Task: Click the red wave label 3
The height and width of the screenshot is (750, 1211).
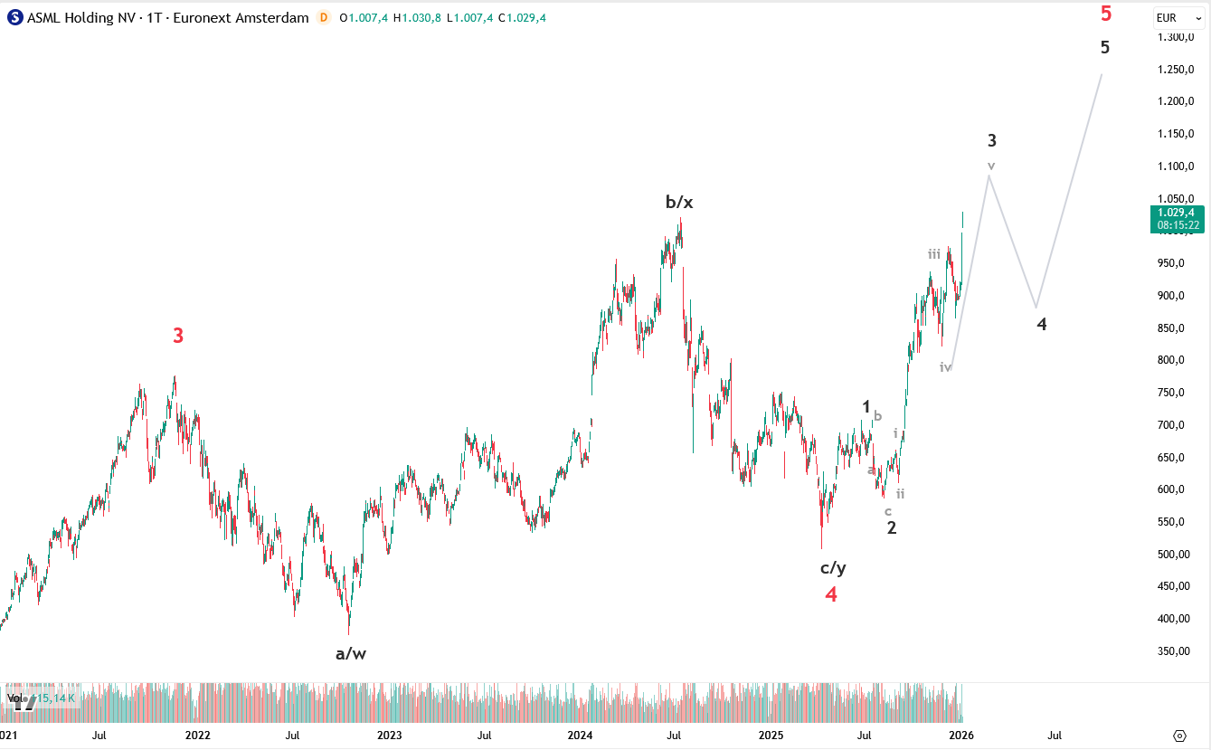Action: tap(178, 336)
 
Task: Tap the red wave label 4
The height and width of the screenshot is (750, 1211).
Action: tap(830, 594)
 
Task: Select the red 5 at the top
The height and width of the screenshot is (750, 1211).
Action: tap(1105, 14)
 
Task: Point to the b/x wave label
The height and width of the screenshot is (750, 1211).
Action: tap(679, 202)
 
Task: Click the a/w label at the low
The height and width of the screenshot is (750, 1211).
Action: tap(351, 653)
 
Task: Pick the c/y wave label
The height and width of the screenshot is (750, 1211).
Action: tap(833, 568)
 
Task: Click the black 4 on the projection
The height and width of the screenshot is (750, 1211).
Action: tap(1042, 324)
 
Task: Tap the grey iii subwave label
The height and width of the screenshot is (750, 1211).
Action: tap(934, 254)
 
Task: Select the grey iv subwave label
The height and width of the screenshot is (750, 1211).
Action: tap(945, 367)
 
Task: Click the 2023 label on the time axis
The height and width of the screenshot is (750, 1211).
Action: tap(389, 736)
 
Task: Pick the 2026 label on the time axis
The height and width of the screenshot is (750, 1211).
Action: tap(960, 736)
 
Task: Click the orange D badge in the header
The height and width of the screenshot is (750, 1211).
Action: tap(323, 18)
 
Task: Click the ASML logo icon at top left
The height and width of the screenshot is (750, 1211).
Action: tap(14, 18)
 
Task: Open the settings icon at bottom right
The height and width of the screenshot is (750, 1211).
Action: tap(1179, 736)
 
